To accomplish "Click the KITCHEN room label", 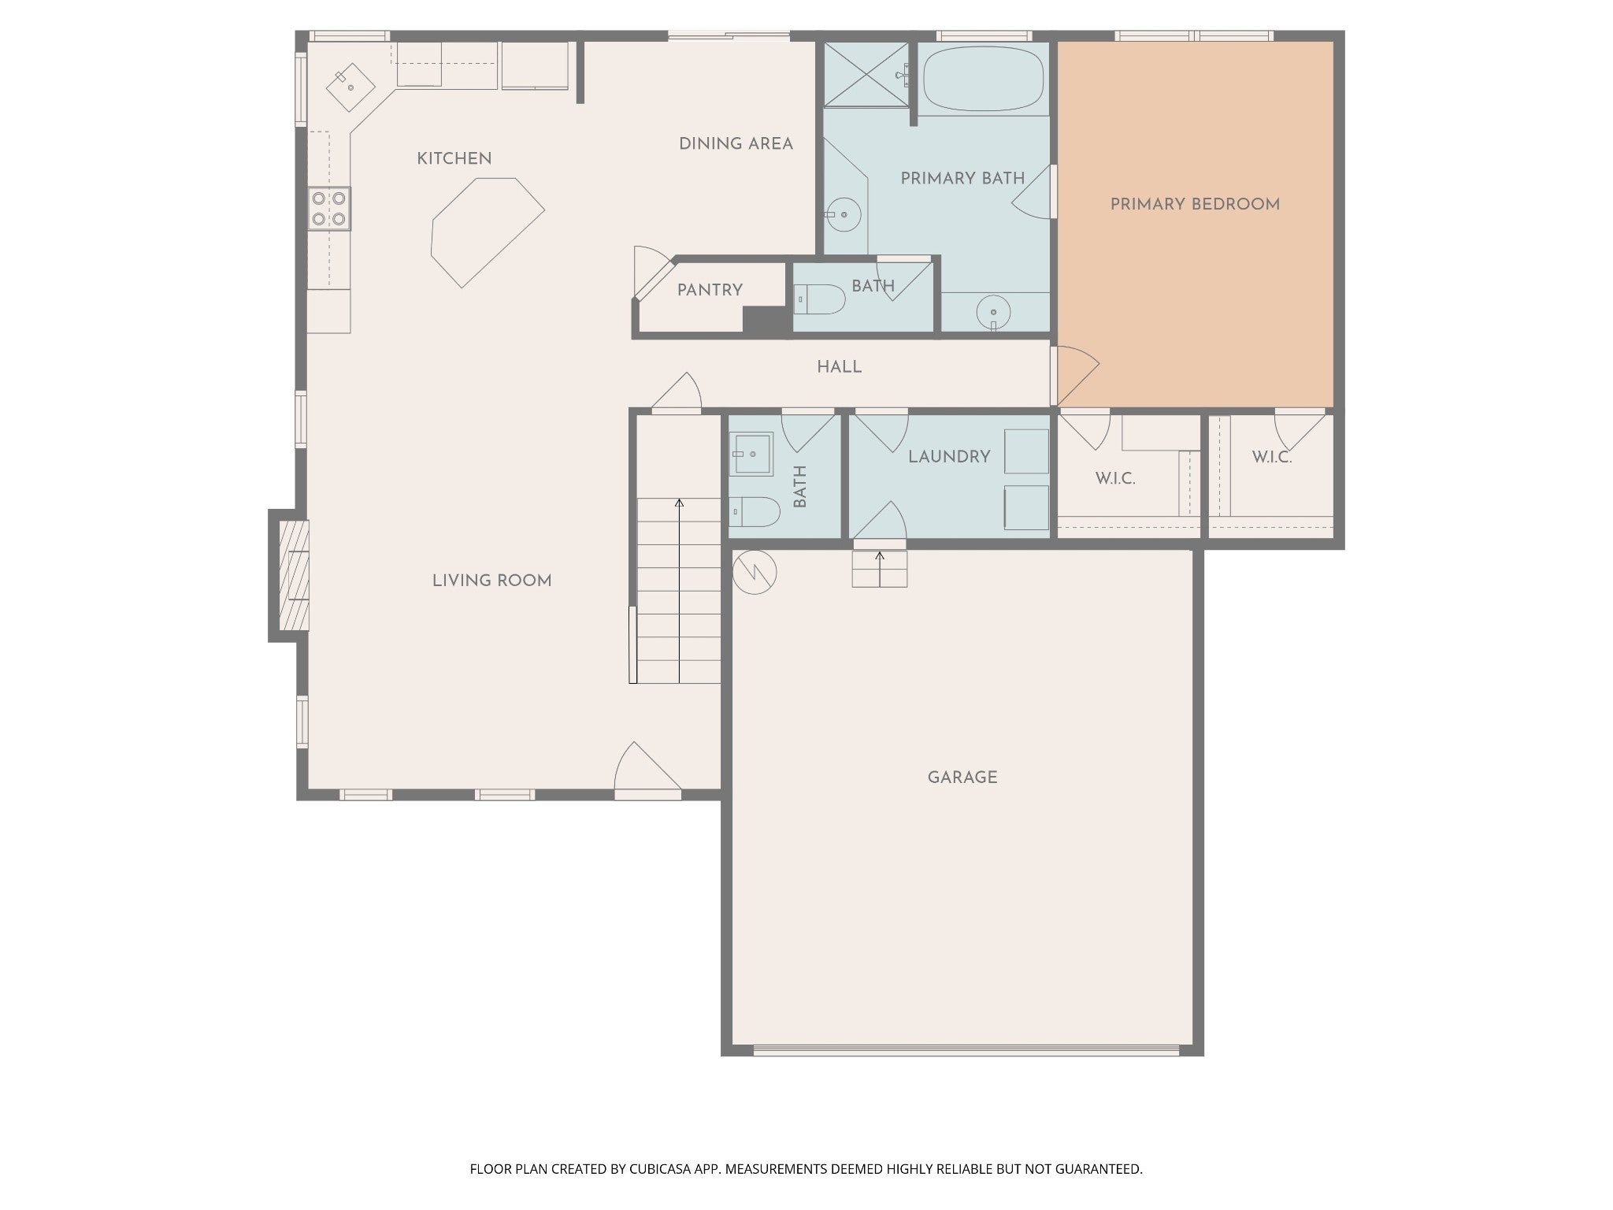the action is click(454, 158).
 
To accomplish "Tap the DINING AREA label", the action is click(736, 143).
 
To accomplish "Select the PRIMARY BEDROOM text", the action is click(1195, 204).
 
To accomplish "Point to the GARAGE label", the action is click(962, 778).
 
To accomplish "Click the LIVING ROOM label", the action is click(491, 581).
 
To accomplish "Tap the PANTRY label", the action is click(710, 290).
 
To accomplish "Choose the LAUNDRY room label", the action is click(949, 457).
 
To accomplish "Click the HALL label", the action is click(839, 367).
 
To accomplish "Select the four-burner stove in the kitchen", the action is click(329, 208).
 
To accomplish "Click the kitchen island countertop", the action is click(487, 231).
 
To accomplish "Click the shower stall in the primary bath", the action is click(866, 74).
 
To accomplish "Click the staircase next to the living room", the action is click(679, 590).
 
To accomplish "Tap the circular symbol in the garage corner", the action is click(755, 572).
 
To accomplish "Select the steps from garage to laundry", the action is click(880, 569).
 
